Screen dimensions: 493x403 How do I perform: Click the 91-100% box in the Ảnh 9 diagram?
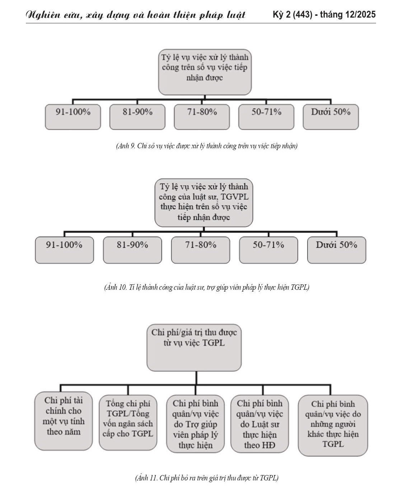(73, 117)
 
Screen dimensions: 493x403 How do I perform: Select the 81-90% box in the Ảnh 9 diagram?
(137, 117)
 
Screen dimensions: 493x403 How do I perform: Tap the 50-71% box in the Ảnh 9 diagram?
(266, 117)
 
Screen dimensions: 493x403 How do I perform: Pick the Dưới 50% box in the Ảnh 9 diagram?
(331, 117)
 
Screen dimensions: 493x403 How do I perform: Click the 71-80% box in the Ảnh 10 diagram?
(201, 250)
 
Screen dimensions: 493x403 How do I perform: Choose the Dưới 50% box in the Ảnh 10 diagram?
(337, 250)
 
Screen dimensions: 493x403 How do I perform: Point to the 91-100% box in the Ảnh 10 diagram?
(64, 250)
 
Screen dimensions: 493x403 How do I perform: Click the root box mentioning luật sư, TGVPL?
(204, 202)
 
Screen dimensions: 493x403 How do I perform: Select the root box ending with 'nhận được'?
(205, 72)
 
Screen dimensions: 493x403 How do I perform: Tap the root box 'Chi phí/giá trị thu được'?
(194, 347)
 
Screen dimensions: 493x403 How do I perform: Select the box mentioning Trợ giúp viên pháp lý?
(196, 424)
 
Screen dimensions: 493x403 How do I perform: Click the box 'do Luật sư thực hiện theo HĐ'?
(260, 424)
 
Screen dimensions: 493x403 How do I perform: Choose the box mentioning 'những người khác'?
(333, 425)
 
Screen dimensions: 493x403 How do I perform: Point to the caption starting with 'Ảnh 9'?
(207, 146)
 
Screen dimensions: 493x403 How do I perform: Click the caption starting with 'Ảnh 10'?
(207, 287)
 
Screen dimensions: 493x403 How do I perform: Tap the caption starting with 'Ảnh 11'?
(207, 478)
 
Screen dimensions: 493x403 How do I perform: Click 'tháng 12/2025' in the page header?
(347, 14)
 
